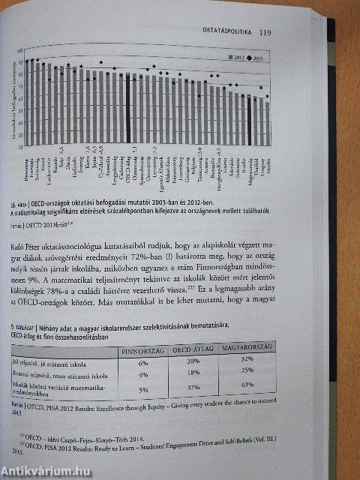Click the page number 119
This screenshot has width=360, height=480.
264,32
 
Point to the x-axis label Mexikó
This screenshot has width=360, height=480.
267,159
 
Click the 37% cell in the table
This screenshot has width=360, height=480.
194,387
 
